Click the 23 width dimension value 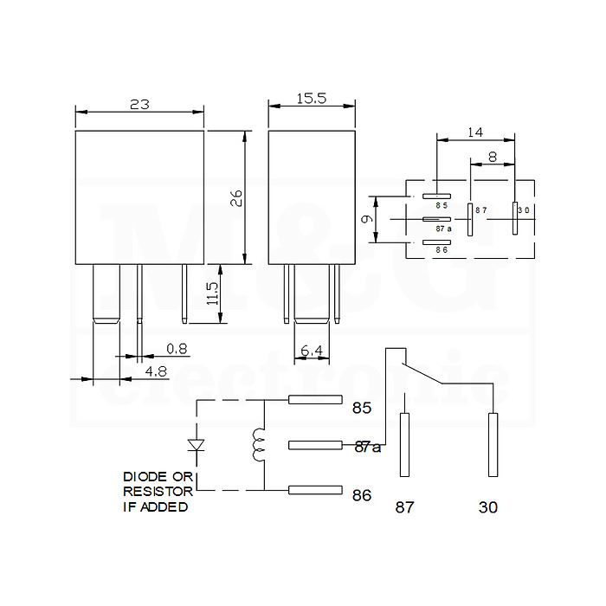pyautogui.click(x=139, y=105)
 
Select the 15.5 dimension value pyautogui.click(x=312, y=99)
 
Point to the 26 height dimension pyautogui.click(x=236, y=198)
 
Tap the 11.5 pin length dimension pyautogui.click(x=212, y=293)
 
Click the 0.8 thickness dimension pyautogui.click(x=177, y=349)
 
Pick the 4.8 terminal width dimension pyautogui.click(x=156, y=371)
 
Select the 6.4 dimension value pyautogui.click(x=312, y=351)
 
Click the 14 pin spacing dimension pyautogui.click(x=475, y=132)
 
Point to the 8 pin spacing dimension pyautogui.click(x=493, y=158)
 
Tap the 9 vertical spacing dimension pyautogui.click(x=368, y=219)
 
